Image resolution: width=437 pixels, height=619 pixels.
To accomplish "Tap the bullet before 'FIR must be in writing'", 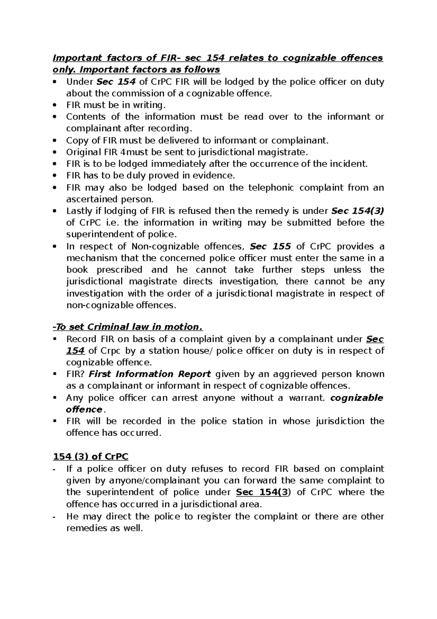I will pyautogui.click(x=55, y=105).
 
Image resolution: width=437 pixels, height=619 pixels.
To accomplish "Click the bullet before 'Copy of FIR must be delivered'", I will pyautogui.click(x=55, y=141).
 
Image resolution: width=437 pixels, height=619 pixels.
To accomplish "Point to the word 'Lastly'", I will pyautogui.click(x=77, y=211).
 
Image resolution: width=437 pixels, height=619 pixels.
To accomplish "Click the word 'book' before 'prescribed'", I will pyautogui.click(x=77, y=270).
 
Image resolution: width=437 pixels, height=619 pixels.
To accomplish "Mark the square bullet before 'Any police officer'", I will pyautogui.click(x=55, y=398).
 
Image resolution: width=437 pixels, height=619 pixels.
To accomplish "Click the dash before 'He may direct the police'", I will pyautogui.click(x=55, y=517).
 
